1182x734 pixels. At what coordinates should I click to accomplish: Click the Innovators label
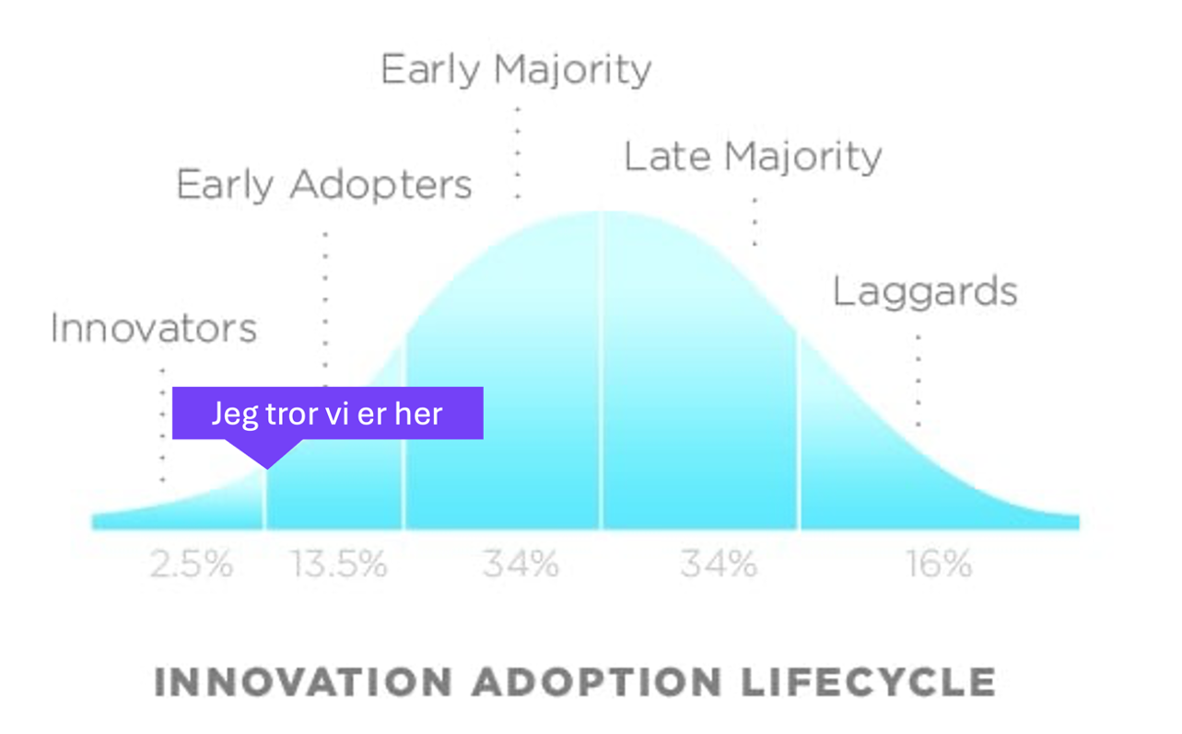click(x=153, y=329)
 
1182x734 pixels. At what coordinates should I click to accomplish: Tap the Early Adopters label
click(x=323, y=185)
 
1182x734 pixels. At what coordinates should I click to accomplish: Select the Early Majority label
click(x=516, y=70)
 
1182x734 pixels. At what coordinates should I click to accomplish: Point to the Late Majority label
click(x=753, y=157)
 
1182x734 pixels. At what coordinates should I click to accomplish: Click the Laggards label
click(x=925, y=292)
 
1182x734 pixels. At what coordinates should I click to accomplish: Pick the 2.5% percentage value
click(x=192, y=564)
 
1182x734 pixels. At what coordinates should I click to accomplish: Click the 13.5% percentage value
click(x=339, y=564)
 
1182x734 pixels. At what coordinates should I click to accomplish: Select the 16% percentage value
click(x=939, y=564)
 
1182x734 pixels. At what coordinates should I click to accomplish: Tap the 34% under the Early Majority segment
click(x=521, y=564)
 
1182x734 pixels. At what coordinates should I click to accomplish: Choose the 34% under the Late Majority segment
click(x=719, y=564)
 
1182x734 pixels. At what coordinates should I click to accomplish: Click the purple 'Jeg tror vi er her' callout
click(x=328, y=413)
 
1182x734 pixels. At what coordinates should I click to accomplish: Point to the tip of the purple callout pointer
click(x=267, y=468)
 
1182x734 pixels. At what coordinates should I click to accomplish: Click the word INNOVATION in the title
click(x=303, y=682)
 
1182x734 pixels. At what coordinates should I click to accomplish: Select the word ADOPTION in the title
click(x=596, y=682)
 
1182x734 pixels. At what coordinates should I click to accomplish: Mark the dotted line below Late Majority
click(x=755, y=221)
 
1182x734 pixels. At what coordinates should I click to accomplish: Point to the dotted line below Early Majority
click(x=518, y=152)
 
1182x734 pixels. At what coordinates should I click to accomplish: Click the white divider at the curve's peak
click(x=602, y=368)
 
